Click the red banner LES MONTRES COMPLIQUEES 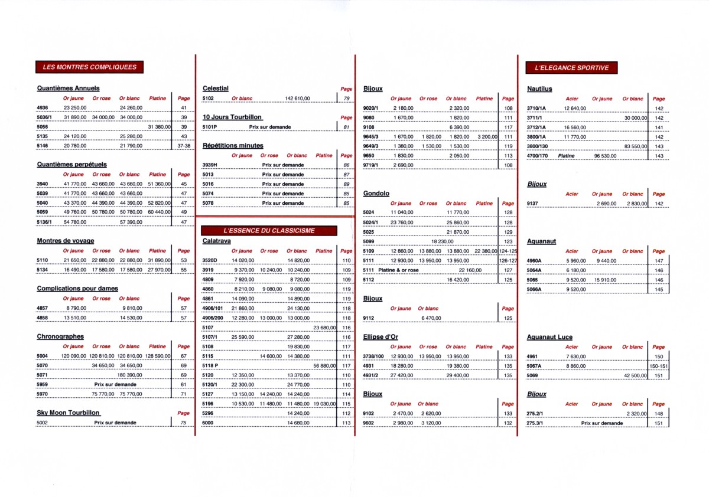(x=90, y=67)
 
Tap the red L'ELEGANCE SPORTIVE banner (x=571, y=68)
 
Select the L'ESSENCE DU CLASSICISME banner (x=269, y=230)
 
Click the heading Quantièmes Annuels (x=68, y=89)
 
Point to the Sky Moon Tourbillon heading (x=68, y=413)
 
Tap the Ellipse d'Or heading (x=381, y=337)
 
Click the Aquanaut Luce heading (x=549, y=337)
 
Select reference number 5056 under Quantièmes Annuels (x=42, y=127)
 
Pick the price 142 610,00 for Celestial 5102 (x=297, y=99)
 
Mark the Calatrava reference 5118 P (x=210, y=366)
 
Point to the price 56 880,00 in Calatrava (x=324, y=366)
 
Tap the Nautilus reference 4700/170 (x=538, y=156)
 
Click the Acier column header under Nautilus (x=572, y=99)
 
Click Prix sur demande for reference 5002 (x=115, y=423)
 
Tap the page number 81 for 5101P (x=346, y=127)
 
